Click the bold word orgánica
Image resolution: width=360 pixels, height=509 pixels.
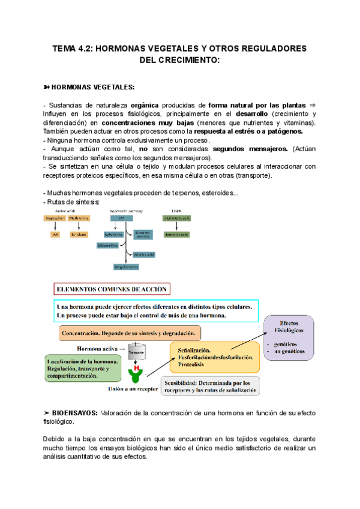tap(145, 103)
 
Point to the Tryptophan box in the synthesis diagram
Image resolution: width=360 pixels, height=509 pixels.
tap(53, 218)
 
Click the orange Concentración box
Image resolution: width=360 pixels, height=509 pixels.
tap(130, 333)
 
